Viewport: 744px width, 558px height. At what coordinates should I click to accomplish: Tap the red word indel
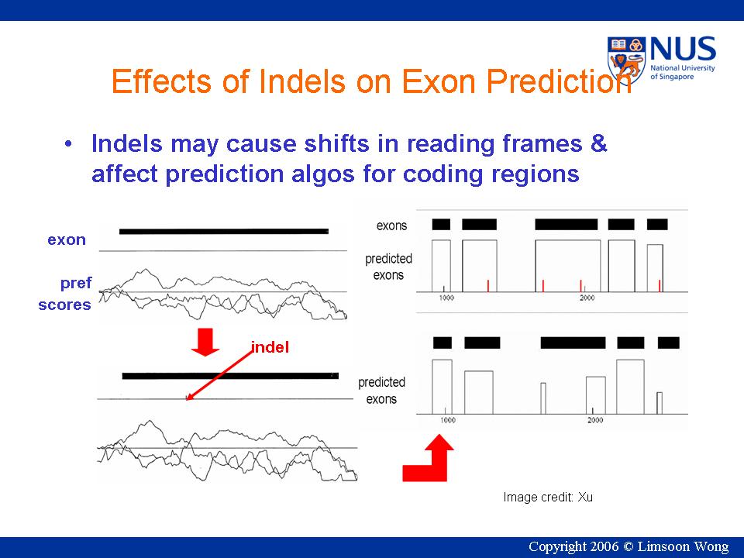(270, 347)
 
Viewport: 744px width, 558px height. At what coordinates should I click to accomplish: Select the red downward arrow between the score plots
(205, 342)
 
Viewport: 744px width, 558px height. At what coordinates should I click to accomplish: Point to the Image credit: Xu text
(548, 498)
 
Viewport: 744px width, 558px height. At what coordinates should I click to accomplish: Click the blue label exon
(67, 240)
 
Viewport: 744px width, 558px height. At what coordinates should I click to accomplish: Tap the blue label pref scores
(65, 294)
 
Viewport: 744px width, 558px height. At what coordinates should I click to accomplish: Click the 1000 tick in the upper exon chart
(446, 298)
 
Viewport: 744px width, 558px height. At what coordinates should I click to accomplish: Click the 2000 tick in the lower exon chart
(595, 420)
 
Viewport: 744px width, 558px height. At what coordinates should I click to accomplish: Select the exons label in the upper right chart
(391, 226)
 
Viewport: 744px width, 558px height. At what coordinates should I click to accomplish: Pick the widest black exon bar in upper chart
(566, 225)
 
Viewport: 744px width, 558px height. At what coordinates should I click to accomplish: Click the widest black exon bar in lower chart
(573, 343)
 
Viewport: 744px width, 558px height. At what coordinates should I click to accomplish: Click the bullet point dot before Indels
(68, 143)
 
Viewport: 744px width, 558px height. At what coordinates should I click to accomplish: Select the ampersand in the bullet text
(598, 143)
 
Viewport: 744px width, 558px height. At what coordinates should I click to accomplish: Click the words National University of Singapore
(682, 72)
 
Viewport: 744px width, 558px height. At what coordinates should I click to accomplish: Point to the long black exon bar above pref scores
(223, 232)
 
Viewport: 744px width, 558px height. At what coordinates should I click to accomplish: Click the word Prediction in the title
(559, 81)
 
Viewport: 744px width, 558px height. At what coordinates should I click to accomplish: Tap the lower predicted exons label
(381, 391)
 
